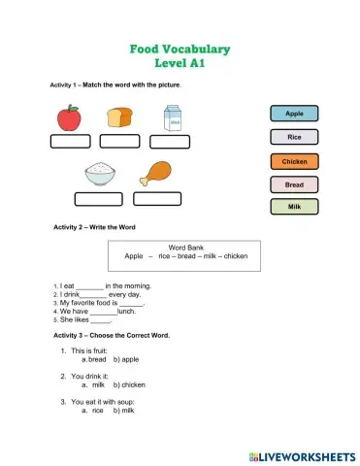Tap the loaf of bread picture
(119, 117)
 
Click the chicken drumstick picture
(156, 174)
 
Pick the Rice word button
(293, 138)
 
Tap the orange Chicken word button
(293, 161)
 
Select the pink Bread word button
(293, 183)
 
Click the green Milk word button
(293, 207)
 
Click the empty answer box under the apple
(69, 142)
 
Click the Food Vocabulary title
(180, 49)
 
